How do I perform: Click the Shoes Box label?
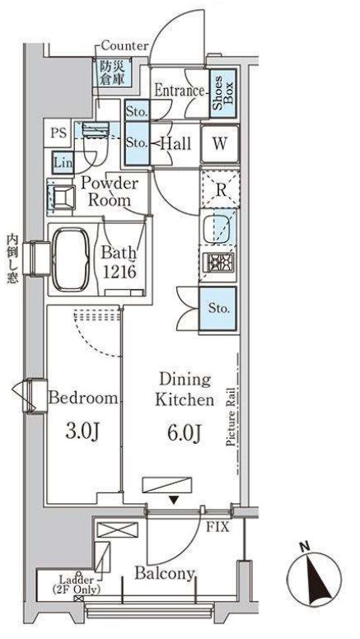click(223, 93)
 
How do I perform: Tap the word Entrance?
click(179, 91)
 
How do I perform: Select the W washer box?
click(220, 145)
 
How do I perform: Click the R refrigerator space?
click(220, 189)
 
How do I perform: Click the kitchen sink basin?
click(218, 228)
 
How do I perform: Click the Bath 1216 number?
click(119, 272)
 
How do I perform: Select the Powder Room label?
click(110, 192)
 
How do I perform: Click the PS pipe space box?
click(58, 133)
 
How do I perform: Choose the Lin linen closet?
click(63, 163)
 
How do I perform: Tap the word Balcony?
click(164, 574)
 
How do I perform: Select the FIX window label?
click(217, 528)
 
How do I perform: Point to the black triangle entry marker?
click(174, 500)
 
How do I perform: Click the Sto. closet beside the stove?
click(218, 308)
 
